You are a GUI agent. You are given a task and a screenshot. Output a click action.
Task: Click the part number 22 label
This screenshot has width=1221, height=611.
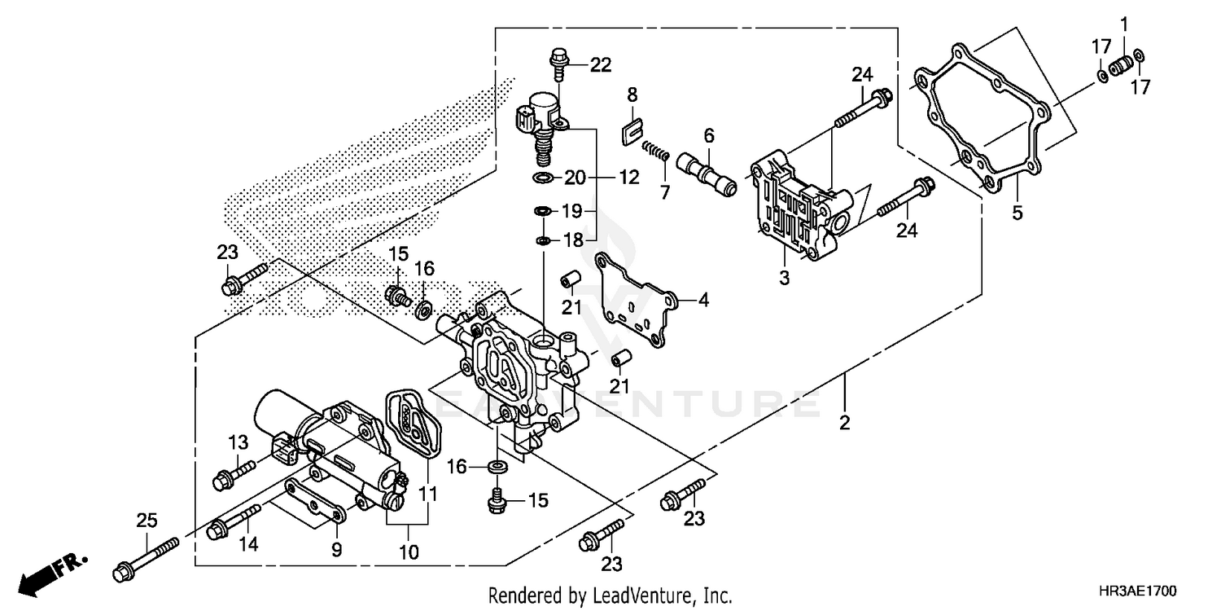[x=601, y=66]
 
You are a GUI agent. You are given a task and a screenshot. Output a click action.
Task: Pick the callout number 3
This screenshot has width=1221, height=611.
[x=784, y=279]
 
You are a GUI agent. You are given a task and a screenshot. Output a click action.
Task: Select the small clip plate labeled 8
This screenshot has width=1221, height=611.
[x=632, y=130]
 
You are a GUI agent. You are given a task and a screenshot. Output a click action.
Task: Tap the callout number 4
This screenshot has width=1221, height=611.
[x=702, y=300]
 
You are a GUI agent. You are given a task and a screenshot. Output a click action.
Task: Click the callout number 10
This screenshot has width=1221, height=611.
[x=409, y=552]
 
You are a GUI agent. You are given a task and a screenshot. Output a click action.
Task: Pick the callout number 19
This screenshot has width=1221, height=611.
[x=572, y=212]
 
